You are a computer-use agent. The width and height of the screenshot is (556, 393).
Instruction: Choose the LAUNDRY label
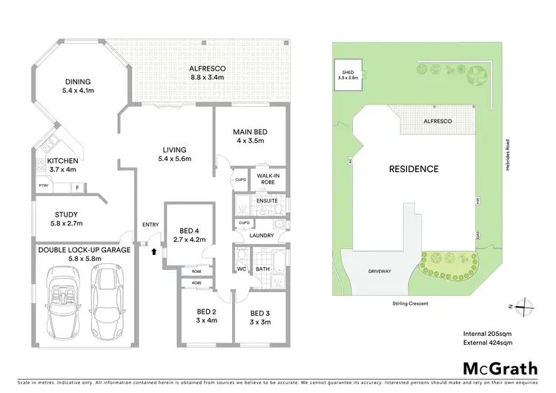point(262,235)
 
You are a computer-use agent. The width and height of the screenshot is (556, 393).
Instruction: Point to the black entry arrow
point(154,251)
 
